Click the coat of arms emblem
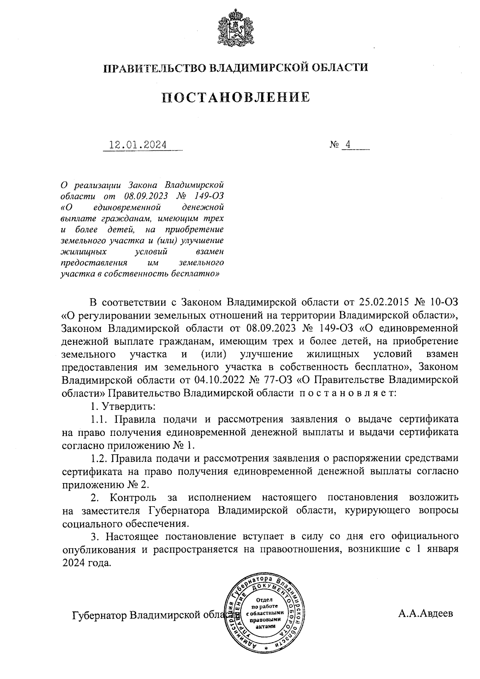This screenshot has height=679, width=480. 235,29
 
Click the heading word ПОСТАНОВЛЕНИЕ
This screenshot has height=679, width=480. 236,97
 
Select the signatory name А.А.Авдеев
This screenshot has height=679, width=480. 426,614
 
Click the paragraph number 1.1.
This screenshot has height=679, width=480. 98,419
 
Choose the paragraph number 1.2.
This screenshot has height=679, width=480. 98,458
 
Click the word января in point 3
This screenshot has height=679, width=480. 441,549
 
